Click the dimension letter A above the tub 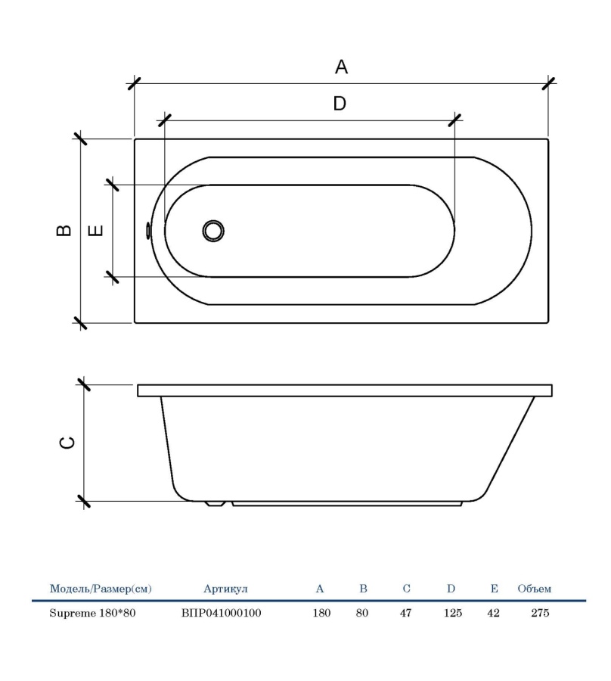click(x=341, y=67)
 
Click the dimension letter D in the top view click(x=340, y=104)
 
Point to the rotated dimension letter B click(x=66, y=231)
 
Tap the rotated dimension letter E click(x=96, y=230)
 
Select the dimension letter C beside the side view click(x=67, y=443)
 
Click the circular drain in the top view click(x=214, y=231)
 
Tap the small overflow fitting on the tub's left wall click(x=148, y=231)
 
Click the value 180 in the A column click(x=321, y=613)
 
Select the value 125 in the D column click(x=452, y=613)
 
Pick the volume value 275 click(x=540, y=613)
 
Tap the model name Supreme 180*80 click(x=92, y=613)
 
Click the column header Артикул click(x=225, y=588)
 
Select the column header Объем click(x=535, y=588)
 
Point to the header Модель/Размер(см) click(x=100, y=588)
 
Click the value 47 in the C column click(x=405, y=613)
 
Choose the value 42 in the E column click(x=494, y=613)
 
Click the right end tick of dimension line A click(x=549, y=83)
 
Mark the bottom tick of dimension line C click(x=83, y=501)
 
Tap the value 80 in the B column click(x=362, y=613)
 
